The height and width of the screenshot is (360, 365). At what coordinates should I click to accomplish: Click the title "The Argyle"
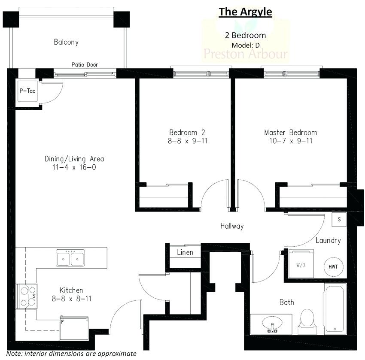[245, 12]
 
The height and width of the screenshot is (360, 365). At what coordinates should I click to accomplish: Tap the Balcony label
[66, 42]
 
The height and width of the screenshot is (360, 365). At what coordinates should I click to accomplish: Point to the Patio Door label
[85, 65]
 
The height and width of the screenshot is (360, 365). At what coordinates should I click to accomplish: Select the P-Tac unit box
[27, 91]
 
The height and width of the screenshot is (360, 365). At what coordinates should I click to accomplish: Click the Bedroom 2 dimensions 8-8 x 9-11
[189, 140]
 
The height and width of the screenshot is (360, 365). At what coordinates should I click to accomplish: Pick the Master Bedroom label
[290, 132]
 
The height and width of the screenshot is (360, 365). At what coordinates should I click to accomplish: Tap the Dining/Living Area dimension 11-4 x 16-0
[74, 167]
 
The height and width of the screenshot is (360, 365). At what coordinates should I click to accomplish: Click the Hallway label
[232, 226]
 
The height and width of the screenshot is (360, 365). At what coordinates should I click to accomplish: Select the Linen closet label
[185, 252]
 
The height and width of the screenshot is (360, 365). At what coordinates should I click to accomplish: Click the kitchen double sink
[70, 258]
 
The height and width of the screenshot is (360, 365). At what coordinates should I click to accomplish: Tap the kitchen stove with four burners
[27, 296]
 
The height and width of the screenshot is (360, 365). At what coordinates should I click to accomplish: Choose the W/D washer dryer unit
[300, 265]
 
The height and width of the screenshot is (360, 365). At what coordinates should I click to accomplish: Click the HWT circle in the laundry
[333, 266]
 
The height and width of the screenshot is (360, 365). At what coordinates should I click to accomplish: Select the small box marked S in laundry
[339, 219]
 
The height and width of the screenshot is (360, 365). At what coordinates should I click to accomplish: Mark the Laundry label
[328, 240]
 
